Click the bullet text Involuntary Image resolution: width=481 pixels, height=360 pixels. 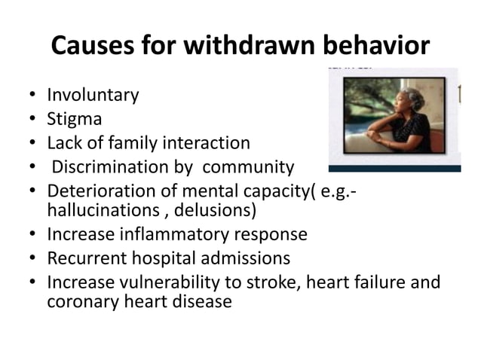pos(93,96)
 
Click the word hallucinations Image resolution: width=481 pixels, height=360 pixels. pos(97,209)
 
